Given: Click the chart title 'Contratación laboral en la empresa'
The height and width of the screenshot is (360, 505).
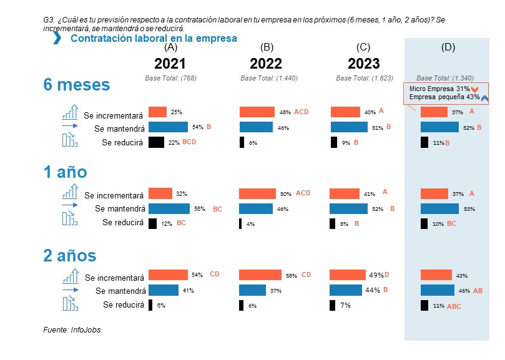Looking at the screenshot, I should point(154,39).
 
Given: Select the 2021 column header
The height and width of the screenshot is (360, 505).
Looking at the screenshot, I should point(170,64).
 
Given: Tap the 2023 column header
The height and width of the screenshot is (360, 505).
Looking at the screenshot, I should point(363,64).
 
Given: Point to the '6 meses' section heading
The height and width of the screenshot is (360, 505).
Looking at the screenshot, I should point(76,85).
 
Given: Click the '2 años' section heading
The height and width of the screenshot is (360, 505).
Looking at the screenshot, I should point(69,256).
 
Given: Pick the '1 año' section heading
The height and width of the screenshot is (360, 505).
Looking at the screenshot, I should point(65,172).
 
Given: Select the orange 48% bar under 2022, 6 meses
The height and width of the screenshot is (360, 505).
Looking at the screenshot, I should point(257,112).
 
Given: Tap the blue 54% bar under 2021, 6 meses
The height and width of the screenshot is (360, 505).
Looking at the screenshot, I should point(168,127).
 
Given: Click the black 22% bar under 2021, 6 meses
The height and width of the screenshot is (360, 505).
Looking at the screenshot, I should point(156,142).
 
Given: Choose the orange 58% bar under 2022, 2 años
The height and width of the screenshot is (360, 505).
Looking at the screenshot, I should point(260,275).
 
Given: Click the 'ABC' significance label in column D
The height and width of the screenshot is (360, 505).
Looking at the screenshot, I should point(454,306).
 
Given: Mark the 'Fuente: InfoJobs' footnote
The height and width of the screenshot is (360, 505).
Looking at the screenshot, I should point(72,330).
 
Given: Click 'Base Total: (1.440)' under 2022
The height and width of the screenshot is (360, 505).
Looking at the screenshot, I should point(267,78).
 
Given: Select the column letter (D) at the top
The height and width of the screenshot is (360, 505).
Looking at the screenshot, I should point(448,47).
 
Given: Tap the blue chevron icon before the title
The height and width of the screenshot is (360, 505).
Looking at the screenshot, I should point(57,39).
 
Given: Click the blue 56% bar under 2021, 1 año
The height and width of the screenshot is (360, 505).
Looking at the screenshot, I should point(169,209).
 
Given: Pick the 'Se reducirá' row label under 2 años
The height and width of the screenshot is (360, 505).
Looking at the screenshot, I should point(123,305).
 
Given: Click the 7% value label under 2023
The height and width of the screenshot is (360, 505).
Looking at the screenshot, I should point(346,306).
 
